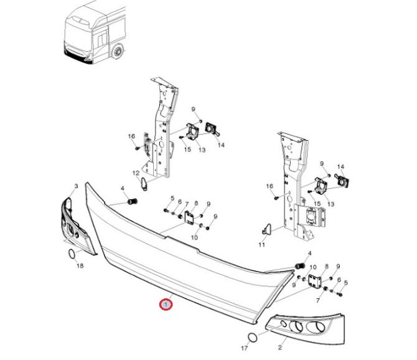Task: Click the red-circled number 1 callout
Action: pyautogui.click(x=166, y=305)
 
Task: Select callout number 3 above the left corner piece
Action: pyautogui.click(x=76, y=186)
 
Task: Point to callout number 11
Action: pyautogui.click(x=262, y=245)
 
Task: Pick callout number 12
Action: pyautogui.click(x=136, y=173)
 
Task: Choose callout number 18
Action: pyautogui.click(x=79, y=266)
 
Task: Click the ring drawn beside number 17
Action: pyautogui.click(x=252, y=338)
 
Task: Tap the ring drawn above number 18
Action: pyautogui.click(x=72, y=253)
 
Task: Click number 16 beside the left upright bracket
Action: pyautogui.click(x=131, y=136)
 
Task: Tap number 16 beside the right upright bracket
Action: pyautogui.click(x=269, y=186)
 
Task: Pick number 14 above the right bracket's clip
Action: pyautogui.click(x=340, y=167)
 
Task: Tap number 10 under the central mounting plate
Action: pyautogui.click(x=194, y=238)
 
